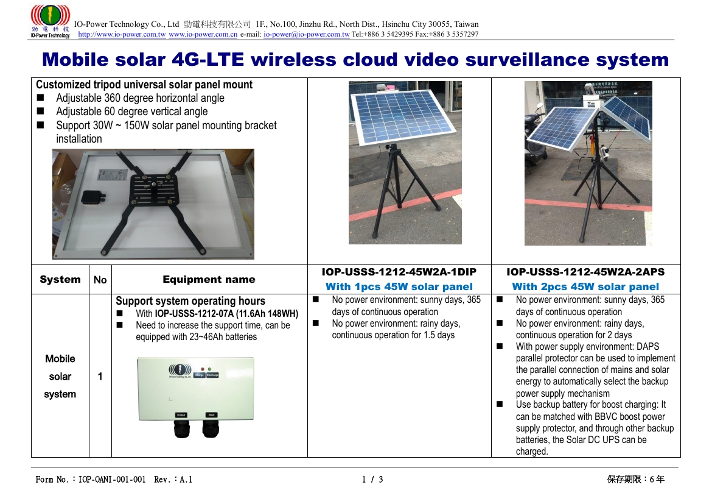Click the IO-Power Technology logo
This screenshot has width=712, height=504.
[x=50, y=21]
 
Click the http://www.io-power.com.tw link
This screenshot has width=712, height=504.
[x=122, y=34]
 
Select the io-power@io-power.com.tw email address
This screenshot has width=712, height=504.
[x=307, y=34]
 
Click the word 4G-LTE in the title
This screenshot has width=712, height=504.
[x=208, y=60]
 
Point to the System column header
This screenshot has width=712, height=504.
[x=60, y=279]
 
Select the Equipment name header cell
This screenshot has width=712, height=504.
[x=209, y=279]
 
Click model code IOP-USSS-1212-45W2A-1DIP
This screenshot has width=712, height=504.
[x=399, y=272]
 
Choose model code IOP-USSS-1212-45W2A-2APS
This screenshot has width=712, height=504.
[x=586, y=272]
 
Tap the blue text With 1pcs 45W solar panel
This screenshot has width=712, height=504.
[x=399, y=286]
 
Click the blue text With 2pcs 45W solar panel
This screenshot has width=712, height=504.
[x=586, y=286]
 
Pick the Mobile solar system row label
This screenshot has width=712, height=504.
[x=60, y=376]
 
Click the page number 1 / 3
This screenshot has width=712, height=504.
[x=372, y=480]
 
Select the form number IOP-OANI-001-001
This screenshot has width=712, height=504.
[x=112, y=480]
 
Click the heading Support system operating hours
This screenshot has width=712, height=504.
[x=190, y=300]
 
